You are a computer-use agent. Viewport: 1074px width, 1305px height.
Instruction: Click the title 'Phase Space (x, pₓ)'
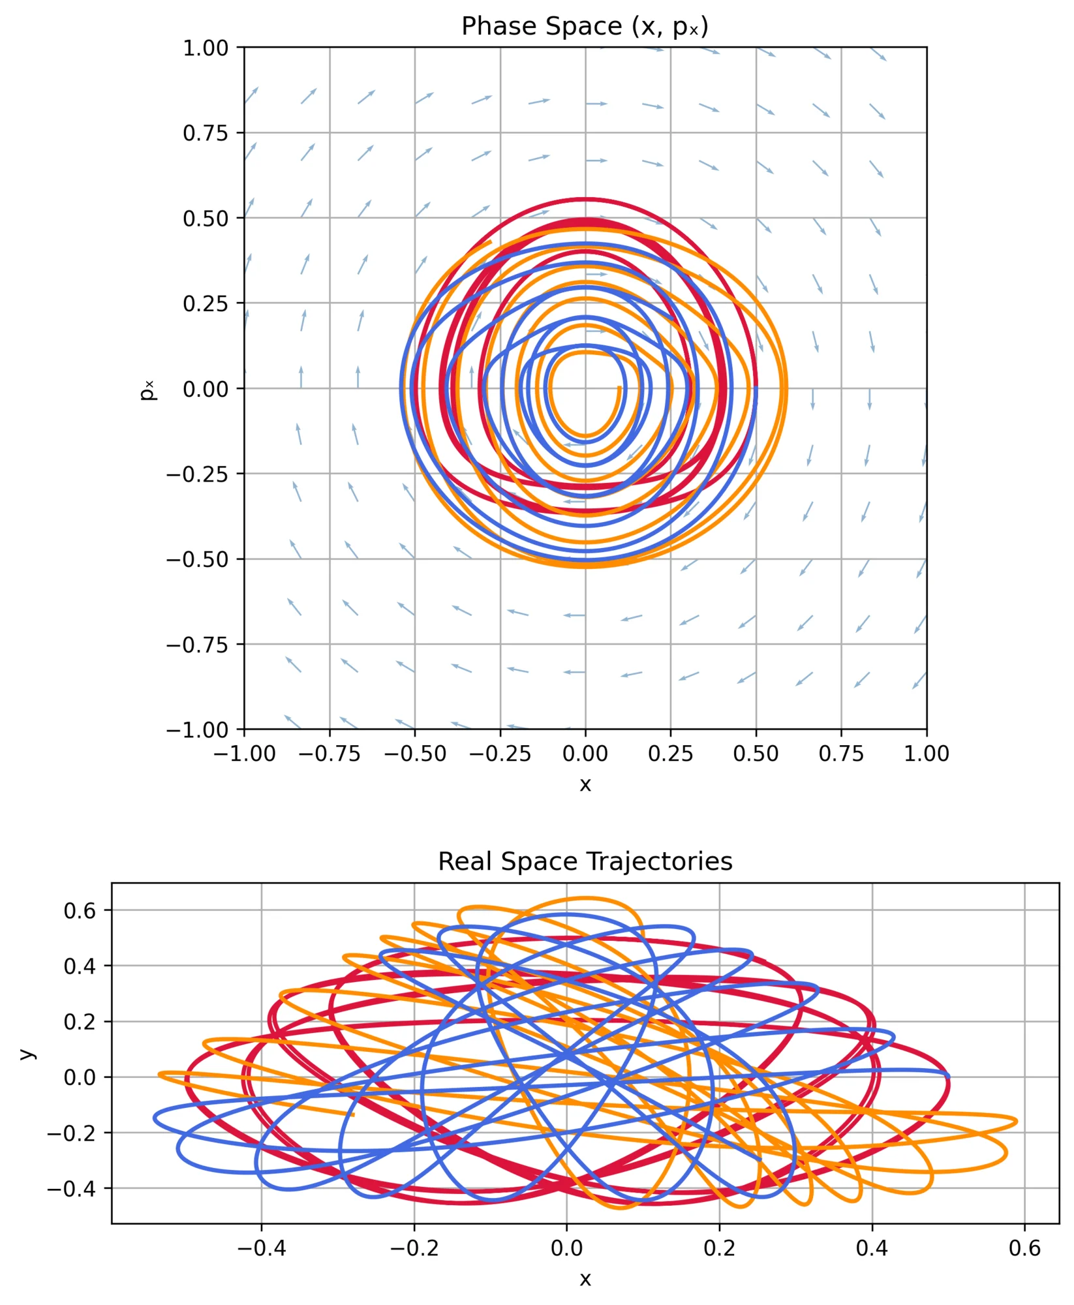585,27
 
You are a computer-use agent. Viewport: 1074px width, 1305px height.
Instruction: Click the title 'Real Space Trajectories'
585,862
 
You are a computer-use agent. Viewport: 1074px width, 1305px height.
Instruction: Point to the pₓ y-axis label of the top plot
148,389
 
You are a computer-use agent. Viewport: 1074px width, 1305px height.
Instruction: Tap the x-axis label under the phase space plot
585,784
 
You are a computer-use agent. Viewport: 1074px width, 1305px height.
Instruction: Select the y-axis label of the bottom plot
26,1053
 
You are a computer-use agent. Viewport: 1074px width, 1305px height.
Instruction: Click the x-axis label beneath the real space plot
585,1279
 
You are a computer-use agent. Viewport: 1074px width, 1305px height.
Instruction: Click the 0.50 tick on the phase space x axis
756,754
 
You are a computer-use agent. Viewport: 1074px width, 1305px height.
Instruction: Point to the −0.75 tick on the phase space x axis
330,754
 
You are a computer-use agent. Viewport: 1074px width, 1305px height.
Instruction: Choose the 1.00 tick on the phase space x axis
926,754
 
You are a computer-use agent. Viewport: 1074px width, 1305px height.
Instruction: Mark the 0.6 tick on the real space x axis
1024,1248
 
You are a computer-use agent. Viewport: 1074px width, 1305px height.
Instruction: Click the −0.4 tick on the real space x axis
261,1248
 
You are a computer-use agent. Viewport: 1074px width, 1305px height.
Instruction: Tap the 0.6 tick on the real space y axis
80,911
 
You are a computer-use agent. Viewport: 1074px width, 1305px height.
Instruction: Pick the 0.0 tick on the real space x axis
566,1248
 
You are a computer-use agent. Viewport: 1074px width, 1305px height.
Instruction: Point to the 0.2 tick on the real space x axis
719,1248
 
